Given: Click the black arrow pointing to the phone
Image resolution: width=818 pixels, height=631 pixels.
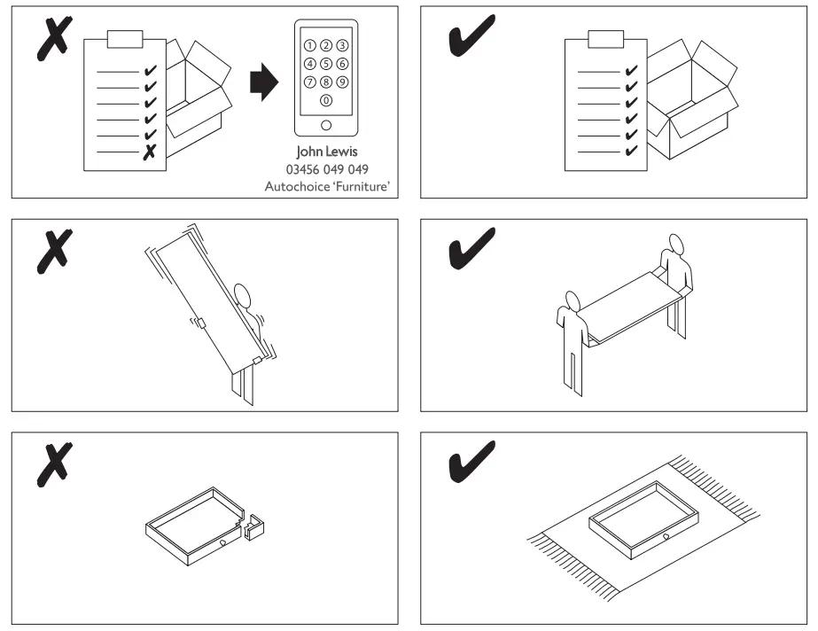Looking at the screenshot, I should [264, 85].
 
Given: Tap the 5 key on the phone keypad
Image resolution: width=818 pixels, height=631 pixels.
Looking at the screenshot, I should [326, 64].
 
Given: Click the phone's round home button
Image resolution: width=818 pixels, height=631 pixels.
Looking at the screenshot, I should [326, 125].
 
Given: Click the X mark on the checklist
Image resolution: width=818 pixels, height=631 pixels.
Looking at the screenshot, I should [150, 152].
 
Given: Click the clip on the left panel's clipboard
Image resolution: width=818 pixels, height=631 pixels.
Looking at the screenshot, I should [123, 40].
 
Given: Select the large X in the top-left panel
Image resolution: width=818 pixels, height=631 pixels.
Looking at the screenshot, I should [53, 40].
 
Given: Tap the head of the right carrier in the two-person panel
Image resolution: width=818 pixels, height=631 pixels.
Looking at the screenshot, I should [678, 243].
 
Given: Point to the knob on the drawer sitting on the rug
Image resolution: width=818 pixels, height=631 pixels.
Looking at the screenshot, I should [665, 537].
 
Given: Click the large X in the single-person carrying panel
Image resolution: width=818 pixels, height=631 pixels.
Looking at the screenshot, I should [53, 250].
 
